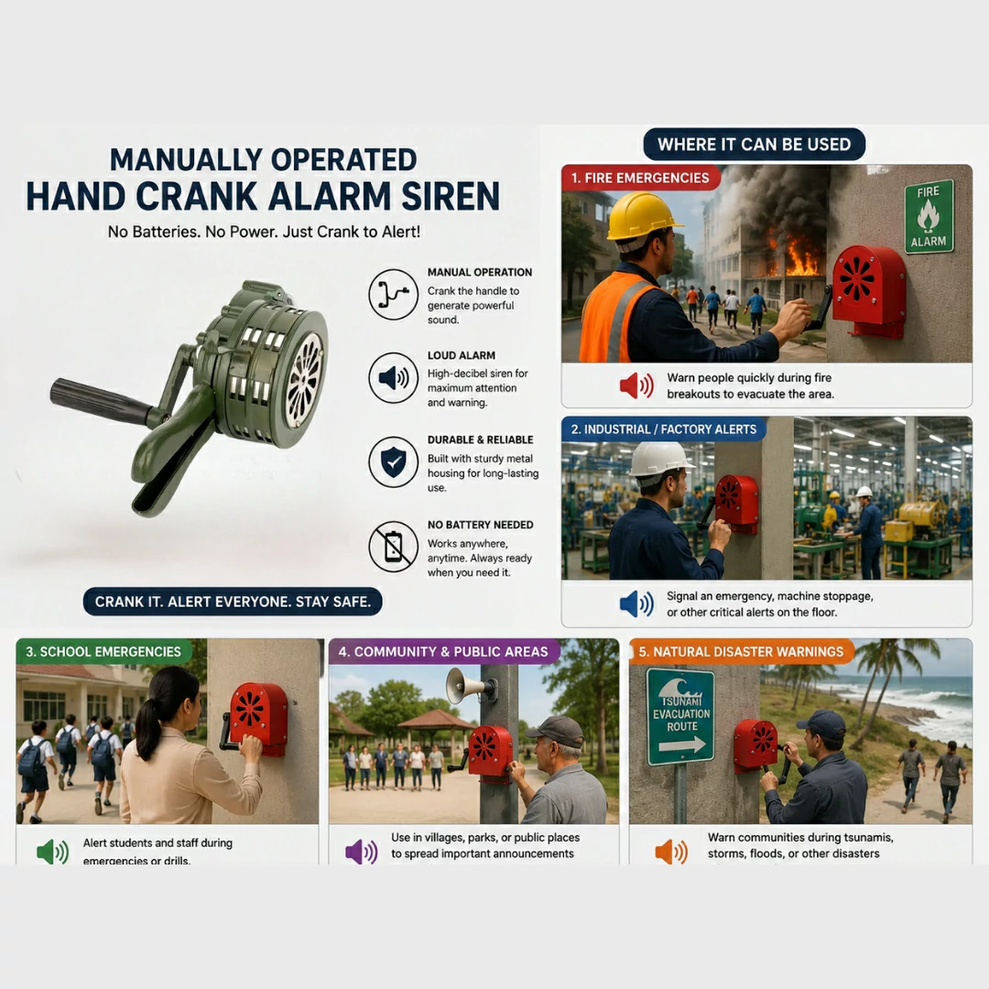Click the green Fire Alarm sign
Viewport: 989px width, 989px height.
(x=929, y=216)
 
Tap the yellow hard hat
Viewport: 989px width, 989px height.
(x=641, y=216)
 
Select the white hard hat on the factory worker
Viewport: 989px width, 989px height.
(x=659, y=459)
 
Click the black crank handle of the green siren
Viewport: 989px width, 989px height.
(x=103, y=401)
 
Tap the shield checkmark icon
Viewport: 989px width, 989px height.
(x=393, y=462)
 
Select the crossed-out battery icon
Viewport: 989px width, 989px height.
(x=393, y=546)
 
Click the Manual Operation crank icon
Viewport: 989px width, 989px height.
(x=393, y=294)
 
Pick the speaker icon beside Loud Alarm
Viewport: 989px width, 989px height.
(x=393, y=378)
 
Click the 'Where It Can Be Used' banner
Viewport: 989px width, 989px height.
(x=754, y=145)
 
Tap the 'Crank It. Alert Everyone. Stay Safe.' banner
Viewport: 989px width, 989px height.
(x=233, y=602)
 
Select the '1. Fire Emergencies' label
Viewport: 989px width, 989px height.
(x=640, y=178)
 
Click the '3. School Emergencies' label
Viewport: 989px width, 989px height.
(x=103, y=652)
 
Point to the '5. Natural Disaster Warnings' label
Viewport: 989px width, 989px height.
(x=741, y=652)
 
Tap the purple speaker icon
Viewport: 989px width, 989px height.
(x=362, y=853)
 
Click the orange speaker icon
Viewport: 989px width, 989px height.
(x=671, y=853)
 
